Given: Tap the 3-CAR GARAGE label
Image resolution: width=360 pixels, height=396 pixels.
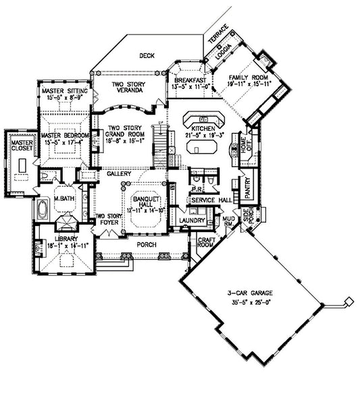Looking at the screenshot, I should (250, 293).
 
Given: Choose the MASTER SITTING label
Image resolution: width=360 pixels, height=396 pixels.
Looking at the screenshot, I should (61, 91).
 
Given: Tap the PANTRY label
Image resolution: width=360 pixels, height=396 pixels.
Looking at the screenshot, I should (249, 184).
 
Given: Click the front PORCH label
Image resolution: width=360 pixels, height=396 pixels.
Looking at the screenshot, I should (146, 244).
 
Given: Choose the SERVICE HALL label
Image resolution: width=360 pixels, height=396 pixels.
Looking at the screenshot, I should (211, 201).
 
